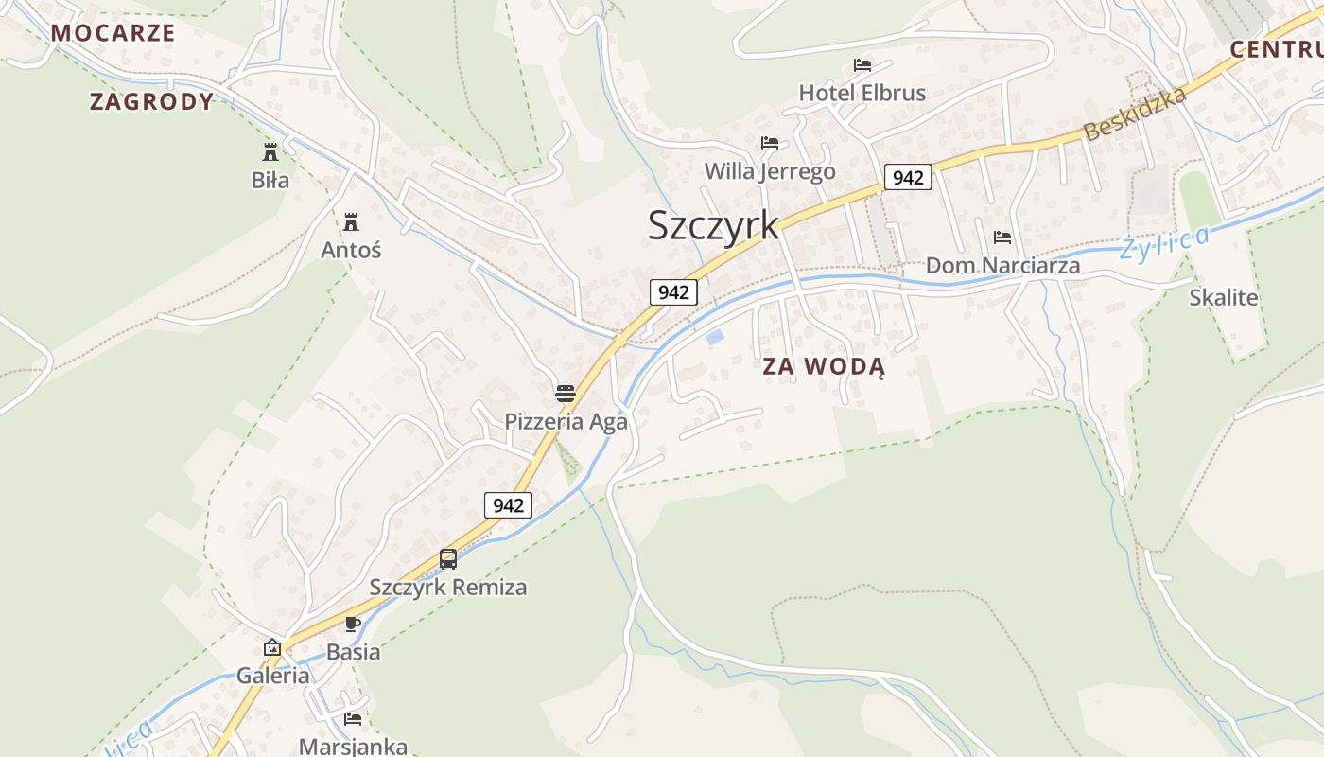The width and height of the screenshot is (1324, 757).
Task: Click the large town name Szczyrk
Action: click(x=713, y=225)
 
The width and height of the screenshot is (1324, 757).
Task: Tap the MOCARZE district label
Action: click(x=113, y=32)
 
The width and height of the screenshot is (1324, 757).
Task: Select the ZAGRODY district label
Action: click(x=151, y=101)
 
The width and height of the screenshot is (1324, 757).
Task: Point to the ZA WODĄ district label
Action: click(x=824, y=367)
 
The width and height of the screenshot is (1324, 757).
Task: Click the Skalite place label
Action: click(x=1223, y=297)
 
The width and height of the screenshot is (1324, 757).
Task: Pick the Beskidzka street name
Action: click(x=1135, y=114)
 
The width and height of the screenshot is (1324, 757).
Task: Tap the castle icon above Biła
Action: click(x=270, y=151)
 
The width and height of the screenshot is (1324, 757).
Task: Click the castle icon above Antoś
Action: click(x=351, y=222)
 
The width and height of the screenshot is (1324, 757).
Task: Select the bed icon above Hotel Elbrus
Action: click(x=862, y=65)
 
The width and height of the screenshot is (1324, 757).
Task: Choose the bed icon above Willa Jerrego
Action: click(x=770, y=143)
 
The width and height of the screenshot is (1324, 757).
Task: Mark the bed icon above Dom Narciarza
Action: click(x=1002, y=238)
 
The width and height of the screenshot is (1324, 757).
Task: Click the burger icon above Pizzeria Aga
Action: click(x=566, y=393)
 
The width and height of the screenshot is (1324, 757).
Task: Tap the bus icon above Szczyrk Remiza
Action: click(x=448, y=559)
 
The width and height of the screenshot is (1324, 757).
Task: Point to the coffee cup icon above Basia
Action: click(x=353, y=624)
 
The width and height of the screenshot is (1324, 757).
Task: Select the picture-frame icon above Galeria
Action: click(x=272, y=647)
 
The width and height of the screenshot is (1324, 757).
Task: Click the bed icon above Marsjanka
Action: click(x=353, y=719)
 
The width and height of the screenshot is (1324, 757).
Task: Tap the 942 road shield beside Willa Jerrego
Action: click(x=908, y=177)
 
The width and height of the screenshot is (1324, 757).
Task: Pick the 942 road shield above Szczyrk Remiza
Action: click(x=508, y=505)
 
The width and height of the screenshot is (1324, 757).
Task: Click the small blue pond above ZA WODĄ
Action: click(x=716, y=336)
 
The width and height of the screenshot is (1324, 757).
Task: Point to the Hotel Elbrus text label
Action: click(x=862, y=93)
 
